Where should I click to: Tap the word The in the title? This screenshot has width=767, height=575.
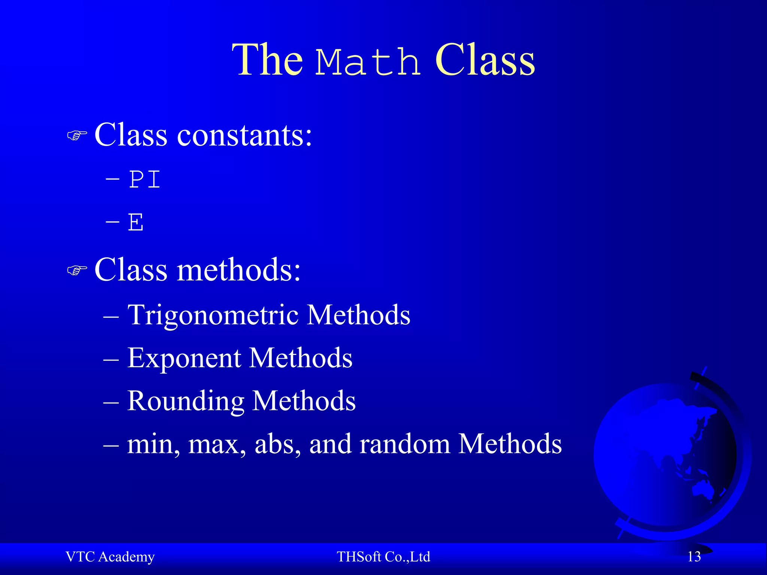pyautogui.click(x=267, y=60)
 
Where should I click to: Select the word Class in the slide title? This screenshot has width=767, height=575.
pyautogui.click(x=485, y=60)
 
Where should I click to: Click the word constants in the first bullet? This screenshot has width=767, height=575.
pyautogui.click(x=244, y=135)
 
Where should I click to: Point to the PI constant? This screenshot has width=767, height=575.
pyautogui.click(x=145, y=180)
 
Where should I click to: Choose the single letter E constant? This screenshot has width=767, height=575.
pyautogui.click(x=136, y=222)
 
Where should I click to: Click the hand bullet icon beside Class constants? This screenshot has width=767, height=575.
pyautogui.click(x=77, y=136)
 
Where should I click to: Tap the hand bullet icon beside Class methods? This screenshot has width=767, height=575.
pyautogui.click(x=77, y=270)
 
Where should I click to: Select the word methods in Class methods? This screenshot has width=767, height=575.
pyautogui.click(x=239, y=270)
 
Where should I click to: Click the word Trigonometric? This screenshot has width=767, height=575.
pyautogui.click(x=213, y=315)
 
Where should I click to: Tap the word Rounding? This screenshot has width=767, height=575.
pyautogui.click(x=185, y=401)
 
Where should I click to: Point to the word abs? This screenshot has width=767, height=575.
pyautogui.click(x=278, y=444)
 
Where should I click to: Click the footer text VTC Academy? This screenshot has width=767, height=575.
pyautogui.click(x=110, y=557)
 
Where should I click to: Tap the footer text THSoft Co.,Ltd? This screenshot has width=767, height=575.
pyautogui.click(x=383, y=557)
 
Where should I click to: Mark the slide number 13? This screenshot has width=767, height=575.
pyautogui.click(x=694, y=557)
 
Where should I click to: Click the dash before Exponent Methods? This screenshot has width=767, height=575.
pyautogui.click(x=111, y=359)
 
